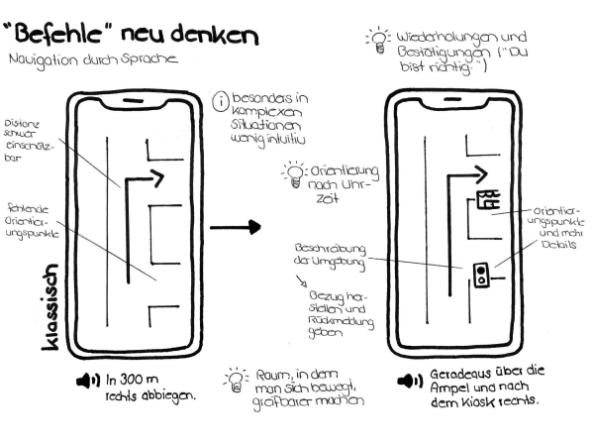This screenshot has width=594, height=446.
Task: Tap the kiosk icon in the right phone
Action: (488, 200)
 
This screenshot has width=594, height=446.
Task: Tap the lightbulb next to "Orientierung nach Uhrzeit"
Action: (293, 174)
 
